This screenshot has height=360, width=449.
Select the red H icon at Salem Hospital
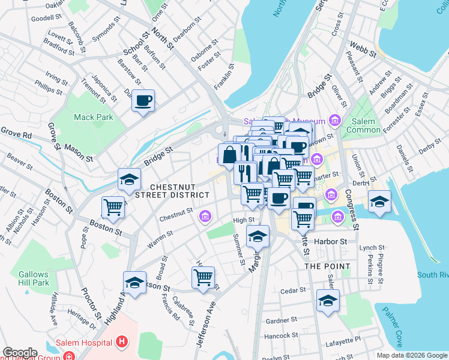pos(122,343)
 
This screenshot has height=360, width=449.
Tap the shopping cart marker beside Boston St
pos(113,207)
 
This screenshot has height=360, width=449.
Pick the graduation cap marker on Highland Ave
pos(134,282)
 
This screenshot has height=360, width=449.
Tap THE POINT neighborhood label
pos(327,266)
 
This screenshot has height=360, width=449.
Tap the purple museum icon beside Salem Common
pos(335,122)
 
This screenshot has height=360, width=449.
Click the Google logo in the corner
pos(20,353)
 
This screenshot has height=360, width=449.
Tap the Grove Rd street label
pos(15,133)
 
